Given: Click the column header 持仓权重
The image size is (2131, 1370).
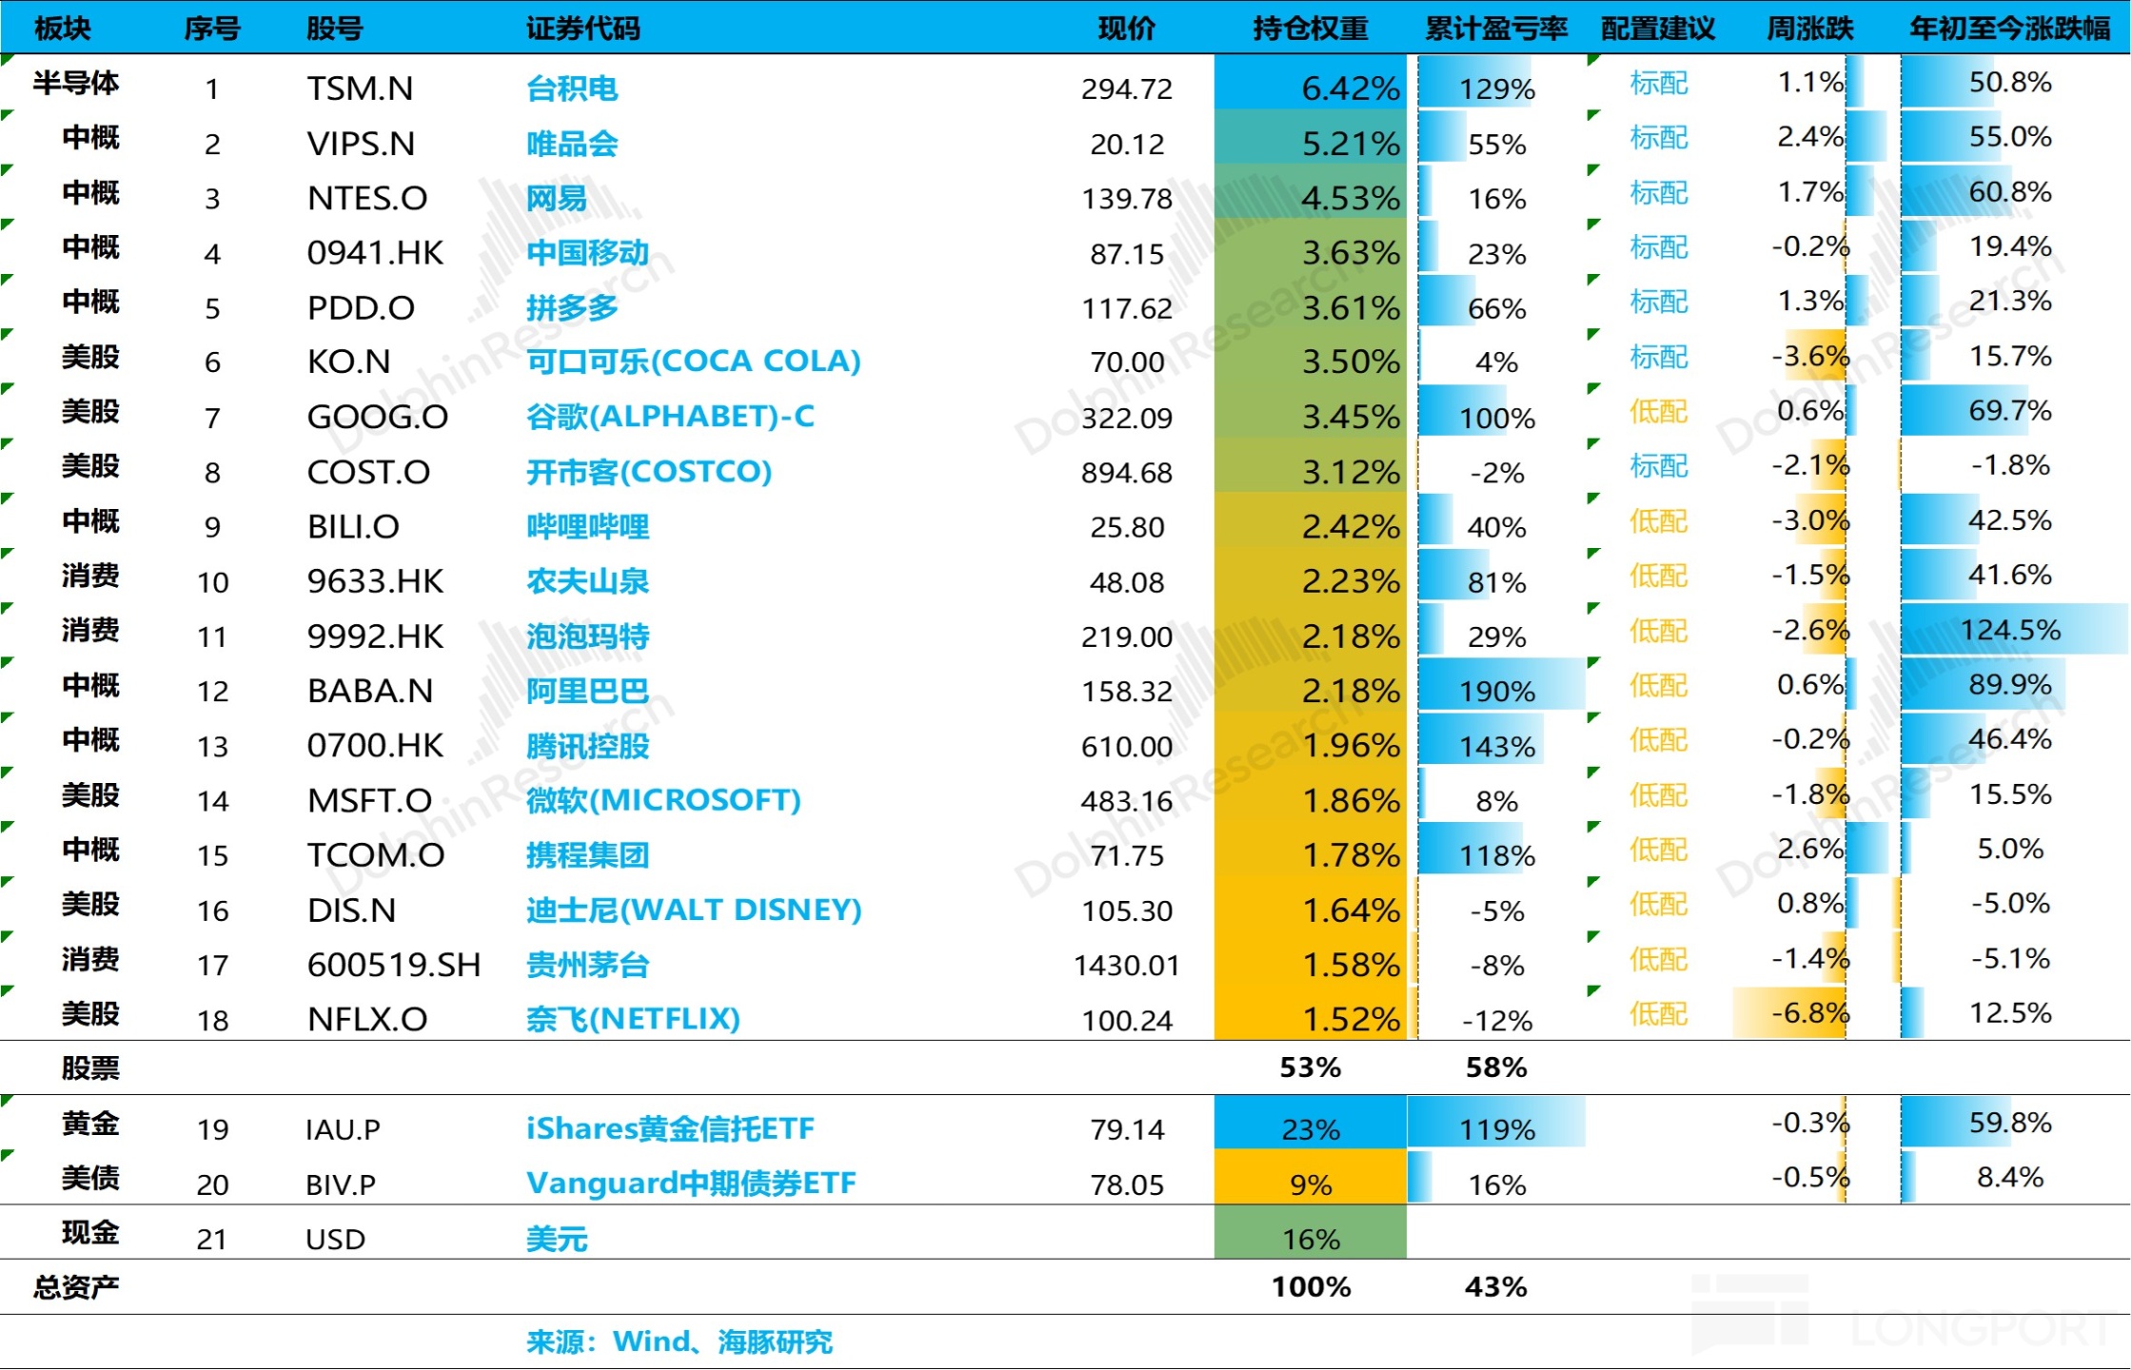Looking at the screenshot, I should [1310, 29].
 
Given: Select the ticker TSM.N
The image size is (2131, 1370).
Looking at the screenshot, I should [360, 88].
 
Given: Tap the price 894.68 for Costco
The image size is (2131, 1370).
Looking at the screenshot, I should [1126, 473].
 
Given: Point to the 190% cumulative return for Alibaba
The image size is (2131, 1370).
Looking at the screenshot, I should [1496, 692].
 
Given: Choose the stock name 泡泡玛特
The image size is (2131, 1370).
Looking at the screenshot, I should [587, 636].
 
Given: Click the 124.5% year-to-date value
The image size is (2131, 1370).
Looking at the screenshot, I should [2009, 630].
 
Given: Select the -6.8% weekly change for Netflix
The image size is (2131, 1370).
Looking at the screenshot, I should [1808, 1013].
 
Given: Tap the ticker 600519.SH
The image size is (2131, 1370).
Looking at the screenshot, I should [393, 966].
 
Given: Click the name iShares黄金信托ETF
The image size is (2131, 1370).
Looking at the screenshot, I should [670, 1129].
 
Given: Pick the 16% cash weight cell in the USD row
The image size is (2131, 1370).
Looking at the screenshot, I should [1311, 1240].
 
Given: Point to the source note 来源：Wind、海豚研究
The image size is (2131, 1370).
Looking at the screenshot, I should [679, 1342].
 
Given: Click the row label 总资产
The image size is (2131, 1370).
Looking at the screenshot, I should [76, 1287].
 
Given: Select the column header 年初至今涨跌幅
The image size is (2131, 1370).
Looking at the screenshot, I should [2009, 29].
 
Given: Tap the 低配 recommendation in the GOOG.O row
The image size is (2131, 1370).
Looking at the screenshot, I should [1658, 412].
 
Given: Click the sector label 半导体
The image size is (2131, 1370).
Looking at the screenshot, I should [76, 84].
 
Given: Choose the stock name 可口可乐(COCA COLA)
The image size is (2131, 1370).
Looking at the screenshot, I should [693, 362].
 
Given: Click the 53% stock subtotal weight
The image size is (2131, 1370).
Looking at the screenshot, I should [1310, 1067].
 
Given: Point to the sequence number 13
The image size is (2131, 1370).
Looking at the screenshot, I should [212, 747].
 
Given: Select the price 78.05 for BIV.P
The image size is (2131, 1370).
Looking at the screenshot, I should [1127, 1184].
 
